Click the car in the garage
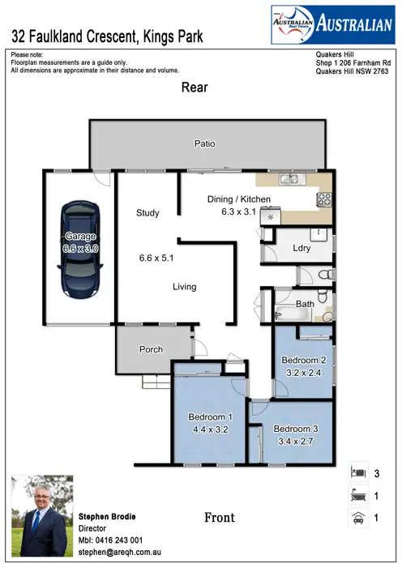tap(80, 243)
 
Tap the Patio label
tap(204, 143)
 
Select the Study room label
tap(148, 213)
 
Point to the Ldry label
tap(301, 249)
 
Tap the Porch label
tap(151, 349)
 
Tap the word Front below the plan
tap(219, 517)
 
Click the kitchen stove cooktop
tap(323, 200)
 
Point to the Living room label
tap(184, 286)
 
